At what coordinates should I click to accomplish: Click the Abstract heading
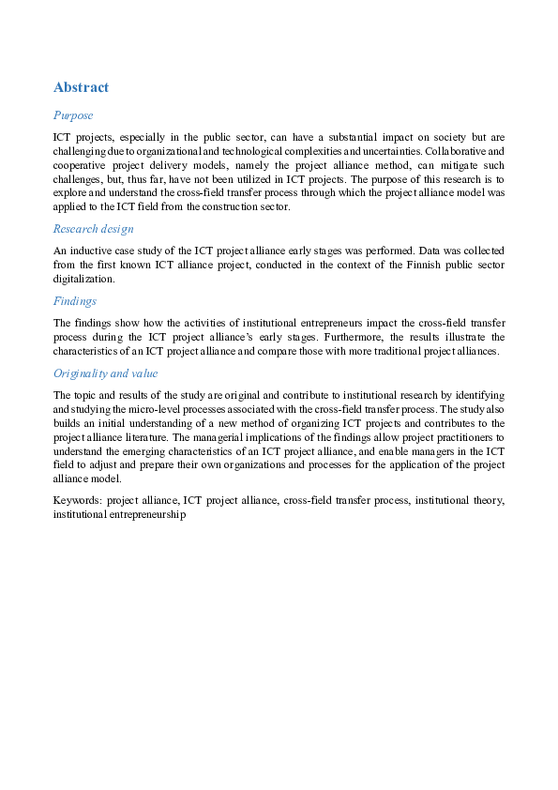click(82, 87)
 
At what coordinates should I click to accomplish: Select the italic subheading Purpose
click(73, 115)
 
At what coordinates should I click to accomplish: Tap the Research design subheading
click(93, 228)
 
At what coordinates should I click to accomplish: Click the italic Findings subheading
click(76, 301)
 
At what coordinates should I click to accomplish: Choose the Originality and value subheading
click(106, 373)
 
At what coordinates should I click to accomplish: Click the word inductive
click(91, 251)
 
